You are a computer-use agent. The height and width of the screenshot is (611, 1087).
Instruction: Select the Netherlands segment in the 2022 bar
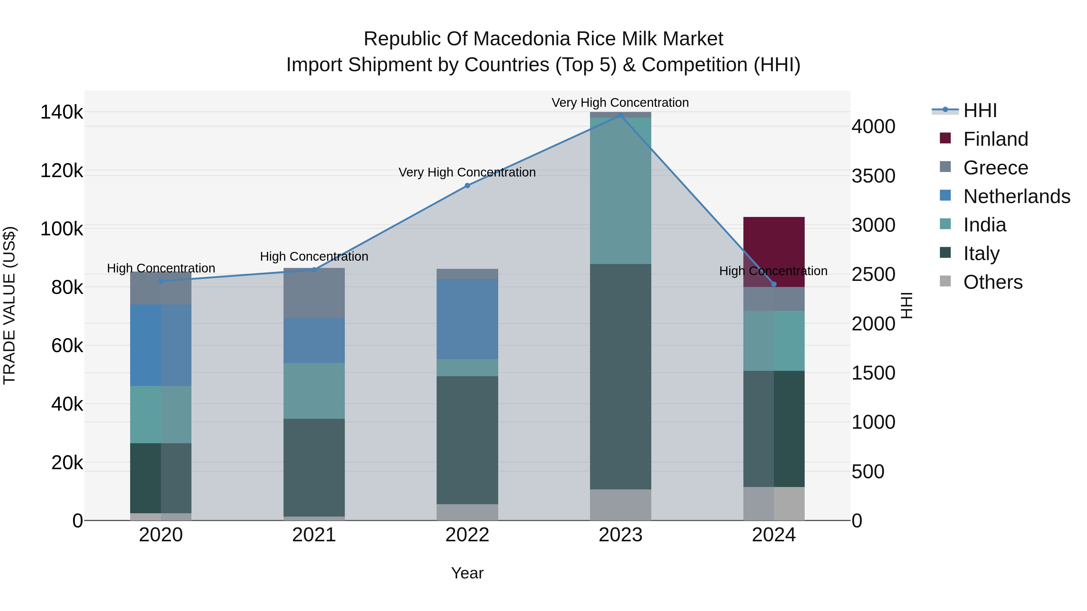467,319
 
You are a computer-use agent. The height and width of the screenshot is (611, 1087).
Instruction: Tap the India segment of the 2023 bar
620,191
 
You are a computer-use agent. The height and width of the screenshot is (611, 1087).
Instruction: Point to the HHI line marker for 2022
467,186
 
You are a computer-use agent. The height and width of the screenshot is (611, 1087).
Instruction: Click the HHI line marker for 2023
620,115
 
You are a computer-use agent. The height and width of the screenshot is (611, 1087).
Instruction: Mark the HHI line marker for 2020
161,281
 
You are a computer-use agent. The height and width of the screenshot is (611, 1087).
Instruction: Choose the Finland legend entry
996,139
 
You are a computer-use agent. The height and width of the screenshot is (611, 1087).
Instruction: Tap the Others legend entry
992,282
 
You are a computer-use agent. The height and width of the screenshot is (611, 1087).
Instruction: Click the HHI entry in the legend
980,110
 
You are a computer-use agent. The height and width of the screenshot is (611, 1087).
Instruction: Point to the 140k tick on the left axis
62,113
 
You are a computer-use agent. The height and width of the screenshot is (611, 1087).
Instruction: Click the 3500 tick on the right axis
873,176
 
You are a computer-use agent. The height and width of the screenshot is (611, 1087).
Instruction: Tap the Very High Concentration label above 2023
620,103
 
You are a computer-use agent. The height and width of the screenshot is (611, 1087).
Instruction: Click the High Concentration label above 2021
314,256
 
